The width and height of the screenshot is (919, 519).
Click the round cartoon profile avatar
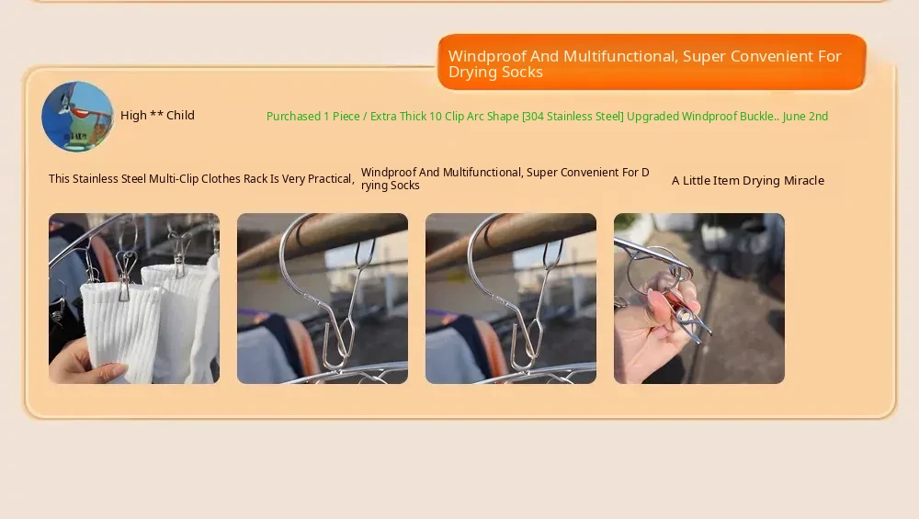[x=77, y=116]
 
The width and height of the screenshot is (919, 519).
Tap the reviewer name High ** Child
[x=157, y=116]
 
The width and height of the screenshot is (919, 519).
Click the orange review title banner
[x=652, y=62]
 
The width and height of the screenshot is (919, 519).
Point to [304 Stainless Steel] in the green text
[x=573, y=116]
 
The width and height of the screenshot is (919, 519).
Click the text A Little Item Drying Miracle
[x=748, y=180]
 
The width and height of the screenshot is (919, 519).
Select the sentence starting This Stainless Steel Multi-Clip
[x=201, y=178]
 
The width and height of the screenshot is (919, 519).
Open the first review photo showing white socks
[x=134, y=299]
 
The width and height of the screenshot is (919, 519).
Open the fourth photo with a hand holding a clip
[x=699, y=299]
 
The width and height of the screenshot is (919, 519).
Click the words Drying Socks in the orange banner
[x=496, y=72]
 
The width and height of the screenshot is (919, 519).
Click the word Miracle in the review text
[x=803, y=180]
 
